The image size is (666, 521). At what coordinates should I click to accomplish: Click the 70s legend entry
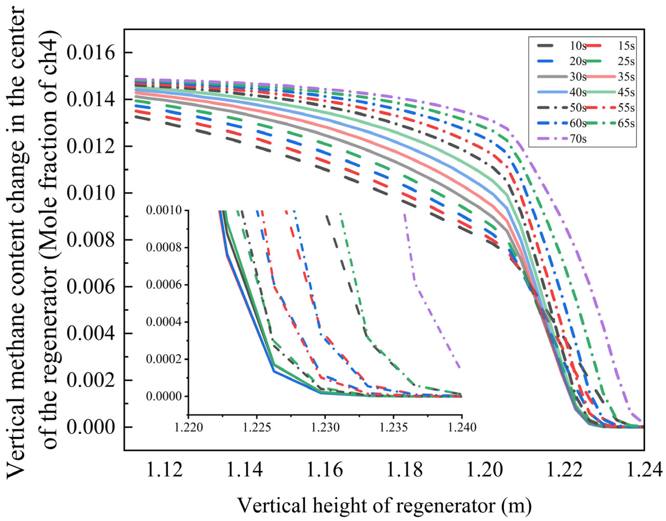coord(578,139)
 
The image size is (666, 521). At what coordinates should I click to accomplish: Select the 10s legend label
coord(578,46)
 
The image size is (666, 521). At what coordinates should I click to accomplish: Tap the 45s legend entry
coord(626,92)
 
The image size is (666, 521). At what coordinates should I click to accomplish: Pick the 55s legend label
coord(626,108)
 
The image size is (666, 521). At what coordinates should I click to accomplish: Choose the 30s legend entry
coord(578,77)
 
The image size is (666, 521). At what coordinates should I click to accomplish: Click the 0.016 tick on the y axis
coord(91,53)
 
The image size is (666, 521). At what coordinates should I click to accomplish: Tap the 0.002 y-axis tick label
coord(91,380)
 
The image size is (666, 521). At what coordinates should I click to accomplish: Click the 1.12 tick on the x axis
coord(165,470)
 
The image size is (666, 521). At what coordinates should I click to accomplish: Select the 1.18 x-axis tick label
coord(404,470)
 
